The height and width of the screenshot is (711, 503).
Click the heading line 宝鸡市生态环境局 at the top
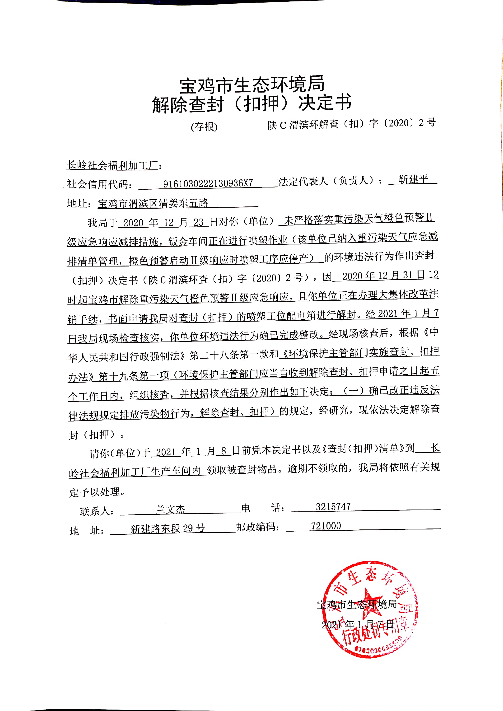(x=251, y=84)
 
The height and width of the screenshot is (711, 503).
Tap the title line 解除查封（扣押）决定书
(x=251, y=103)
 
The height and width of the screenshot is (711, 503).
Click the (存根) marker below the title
(x=204, y=127)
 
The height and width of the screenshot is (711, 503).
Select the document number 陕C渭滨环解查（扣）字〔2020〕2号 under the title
(x=352, y=124)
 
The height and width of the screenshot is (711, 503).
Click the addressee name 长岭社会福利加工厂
(x=112, y=165)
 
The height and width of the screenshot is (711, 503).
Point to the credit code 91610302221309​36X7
(x=208, y=183)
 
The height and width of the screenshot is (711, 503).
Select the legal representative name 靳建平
(x=413, y=179)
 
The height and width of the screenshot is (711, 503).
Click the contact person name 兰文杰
(x=170, y=509)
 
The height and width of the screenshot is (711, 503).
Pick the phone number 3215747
(x=333, y=506)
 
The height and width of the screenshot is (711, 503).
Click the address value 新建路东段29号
(x=168, y=528)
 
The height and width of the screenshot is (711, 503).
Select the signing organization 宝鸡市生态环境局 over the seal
(x=357, y=604)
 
